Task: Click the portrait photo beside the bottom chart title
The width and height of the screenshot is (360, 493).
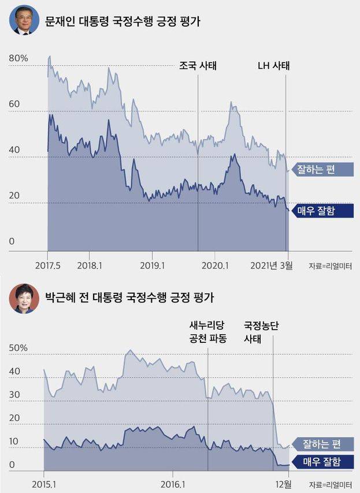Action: pyautogui.click(x=24, y=298)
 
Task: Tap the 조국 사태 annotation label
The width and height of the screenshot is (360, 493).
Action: pyautogui.click(x=198, y=65)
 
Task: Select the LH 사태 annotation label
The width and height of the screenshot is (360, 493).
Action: pyautogui.click(x=273, y=65)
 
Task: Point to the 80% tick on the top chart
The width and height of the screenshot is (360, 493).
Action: pyautogui.click(x=18, y=58)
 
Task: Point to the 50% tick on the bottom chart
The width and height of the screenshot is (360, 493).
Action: pyautogui.click(x=18, y=348)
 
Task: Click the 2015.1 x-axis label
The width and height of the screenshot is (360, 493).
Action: pyautogui.click(x=43, y=483)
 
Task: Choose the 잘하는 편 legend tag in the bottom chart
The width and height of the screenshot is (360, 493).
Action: pyautogui.click(x=321, y=443)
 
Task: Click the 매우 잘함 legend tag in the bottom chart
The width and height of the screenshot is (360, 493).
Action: pyautogui.click(x=321, y=462)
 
